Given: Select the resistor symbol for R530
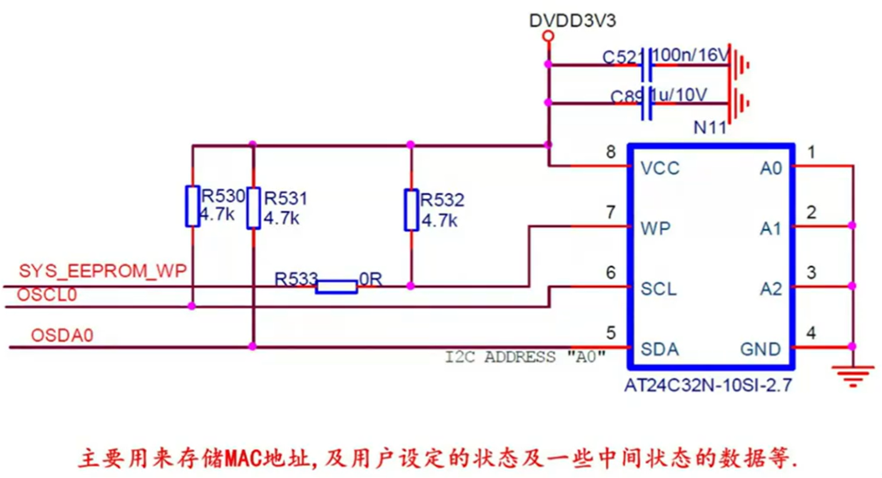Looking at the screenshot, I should click(191, 205).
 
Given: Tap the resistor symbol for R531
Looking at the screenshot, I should click(253, 207).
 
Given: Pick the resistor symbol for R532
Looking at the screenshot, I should click(411, 210).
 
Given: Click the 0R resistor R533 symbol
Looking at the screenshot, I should click(336, 286).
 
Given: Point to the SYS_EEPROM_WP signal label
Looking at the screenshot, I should click(103, 270).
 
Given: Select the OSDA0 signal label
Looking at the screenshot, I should click(63, 335).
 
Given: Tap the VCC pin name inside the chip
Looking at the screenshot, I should click(661, 168).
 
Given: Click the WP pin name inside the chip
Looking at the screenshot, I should click(656, 228).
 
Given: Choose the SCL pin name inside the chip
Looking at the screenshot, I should click(659, 288).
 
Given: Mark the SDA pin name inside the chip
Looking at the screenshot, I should click(660, 349).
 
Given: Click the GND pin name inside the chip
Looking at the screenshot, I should click(760, 349).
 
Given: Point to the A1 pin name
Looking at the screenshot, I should click(771, 228).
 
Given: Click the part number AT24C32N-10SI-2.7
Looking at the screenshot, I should click(707, 385).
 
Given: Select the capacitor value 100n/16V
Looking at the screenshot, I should click(691, 56).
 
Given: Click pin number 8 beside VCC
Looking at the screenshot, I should click(610, 152).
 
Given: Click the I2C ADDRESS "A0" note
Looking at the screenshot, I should click(526, 357).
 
